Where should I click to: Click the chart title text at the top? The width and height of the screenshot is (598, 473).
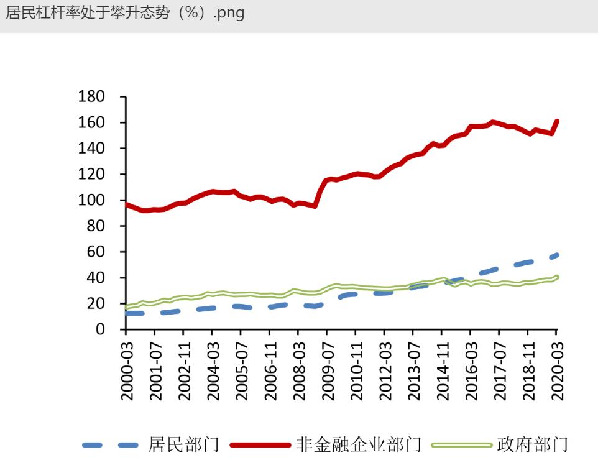point(125,13)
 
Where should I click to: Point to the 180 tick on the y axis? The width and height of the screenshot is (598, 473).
point(91,97)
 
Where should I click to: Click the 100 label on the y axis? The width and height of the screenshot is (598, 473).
point(91,200)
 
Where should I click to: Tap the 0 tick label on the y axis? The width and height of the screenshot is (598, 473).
point(100,329)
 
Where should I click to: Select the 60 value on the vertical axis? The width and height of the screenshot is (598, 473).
point(96,252)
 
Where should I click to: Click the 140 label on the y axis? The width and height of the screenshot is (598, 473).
point(91,149)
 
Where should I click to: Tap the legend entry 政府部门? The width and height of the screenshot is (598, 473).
point(532,445)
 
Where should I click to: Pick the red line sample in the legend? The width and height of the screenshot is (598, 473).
point(260,445)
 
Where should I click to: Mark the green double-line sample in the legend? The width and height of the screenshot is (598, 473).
point(462,445)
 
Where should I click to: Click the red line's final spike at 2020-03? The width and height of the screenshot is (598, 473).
point(556,122)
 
